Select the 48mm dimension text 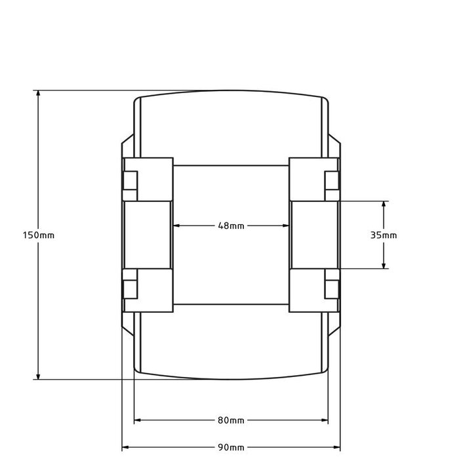tap(231, 226)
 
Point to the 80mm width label tap(231, 420)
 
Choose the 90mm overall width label tap(231, 447)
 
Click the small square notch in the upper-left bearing tap(130, 180)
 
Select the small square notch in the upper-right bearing tap(332, 180)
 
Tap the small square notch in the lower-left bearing tap(130, 289)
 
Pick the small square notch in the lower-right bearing tap(332, 289)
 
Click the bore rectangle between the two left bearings tap(148, 234)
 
